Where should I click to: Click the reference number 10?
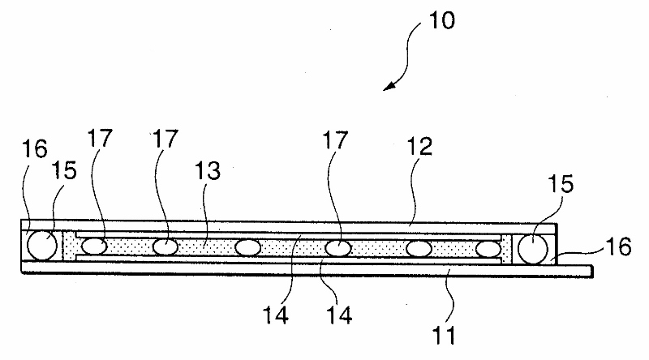441,20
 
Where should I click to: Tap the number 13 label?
208,170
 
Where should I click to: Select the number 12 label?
419,147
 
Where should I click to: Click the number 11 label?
444,335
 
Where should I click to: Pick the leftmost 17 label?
100,138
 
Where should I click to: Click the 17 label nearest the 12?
335,139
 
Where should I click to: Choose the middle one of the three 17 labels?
165,138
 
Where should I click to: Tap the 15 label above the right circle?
561,183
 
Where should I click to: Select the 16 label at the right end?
618,246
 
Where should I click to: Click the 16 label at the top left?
35,149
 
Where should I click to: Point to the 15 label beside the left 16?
64,170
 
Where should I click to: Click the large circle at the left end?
42,246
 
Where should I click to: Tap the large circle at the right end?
533,249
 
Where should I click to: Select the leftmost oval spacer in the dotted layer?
94,246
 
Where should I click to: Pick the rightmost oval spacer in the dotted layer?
488,249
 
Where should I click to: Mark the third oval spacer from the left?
248,248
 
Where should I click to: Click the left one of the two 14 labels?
276,315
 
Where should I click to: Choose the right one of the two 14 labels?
339,315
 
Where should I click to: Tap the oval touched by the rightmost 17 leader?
338,248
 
